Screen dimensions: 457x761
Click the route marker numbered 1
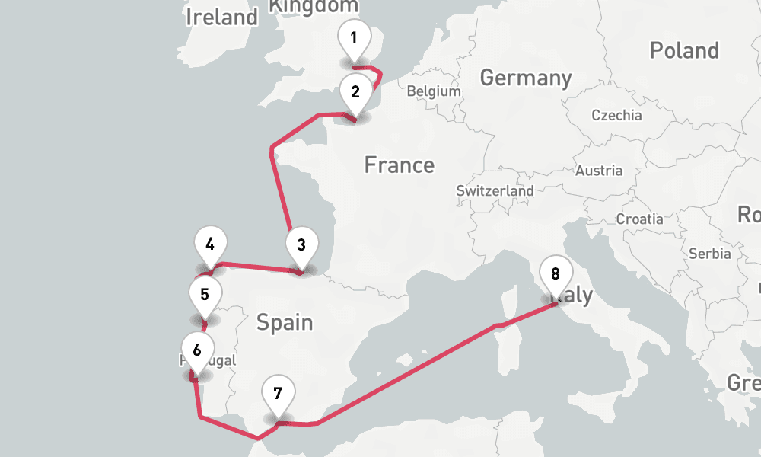(354, 38)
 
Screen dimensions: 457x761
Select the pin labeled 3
(301, 246)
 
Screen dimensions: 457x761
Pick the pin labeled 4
(210, 245)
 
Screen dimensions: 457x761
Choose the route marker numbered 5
(205, 294)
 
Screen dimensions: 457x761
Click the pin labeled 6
(197, 351)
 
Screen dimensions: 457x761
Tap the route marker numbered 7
(277, 395)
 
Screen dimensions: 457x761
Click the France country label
(399, 165)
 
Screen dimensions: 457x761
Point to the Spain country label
(285, 322)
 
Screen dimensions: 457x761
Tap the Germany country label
(526, 78)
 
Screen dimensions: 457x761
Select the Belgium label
(434, 91)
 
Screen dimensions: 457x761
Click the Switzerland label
(495, 190)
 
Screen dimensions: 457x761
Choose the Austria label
(599, 171)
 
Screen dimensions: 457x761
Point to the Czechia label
(616, 116)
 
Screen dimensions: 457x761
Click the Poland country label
(684, 51)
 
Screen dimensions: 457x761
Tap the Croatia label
(639, 219)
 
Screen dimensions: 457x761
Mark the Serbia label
(709, 254)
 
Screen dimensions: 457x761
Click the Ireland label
(221, 17)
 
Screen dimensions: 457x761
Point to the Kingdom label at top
(314, 6)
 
